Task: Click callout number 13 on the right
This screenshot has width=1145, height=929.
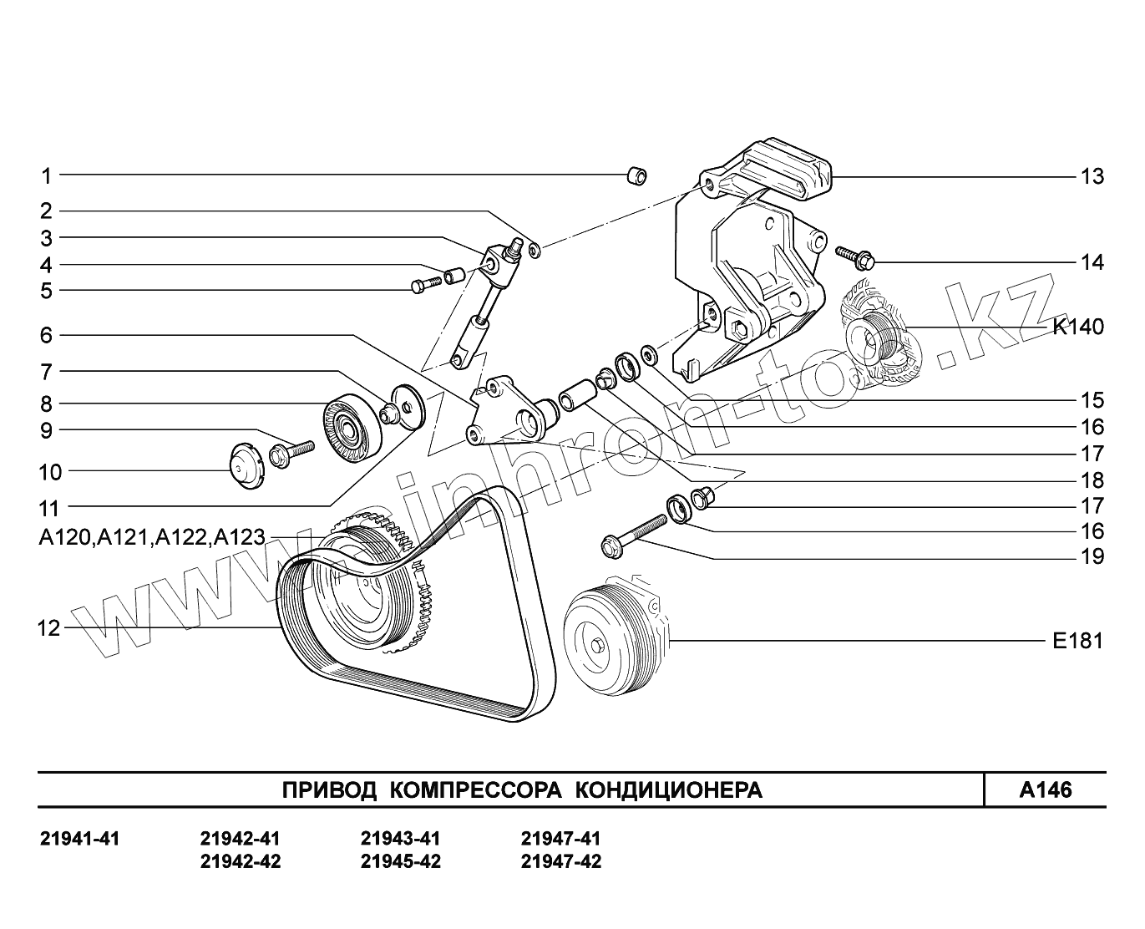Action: point(1092,176)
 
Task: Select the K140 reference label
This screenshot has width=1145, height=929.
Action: point(1077,327)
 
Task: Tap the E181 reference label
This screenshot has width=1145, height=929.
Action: point(1077,641)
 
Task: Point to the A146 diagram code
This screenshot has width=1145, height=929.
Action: point(1045,790)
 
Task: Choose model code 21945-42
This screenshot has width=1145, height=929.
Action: point(400,861)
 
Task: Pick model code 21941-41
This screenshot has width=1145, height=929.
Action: point(80,838)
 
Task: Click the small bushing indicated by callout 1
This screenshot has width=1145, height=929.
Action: point(637,175)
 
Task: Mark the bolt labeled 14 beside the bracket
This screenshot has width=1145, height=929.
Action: point(852,256)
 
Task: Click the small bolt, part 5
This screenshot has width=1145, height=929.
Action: point(425,284)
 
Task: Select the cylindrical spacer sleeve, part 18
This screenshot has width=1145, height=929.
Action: point(575,395)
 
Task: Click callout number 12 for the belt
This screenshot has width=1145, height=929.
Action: point(49,628)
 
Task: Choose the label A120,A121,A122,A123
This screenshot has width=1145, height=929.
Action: point(151,538)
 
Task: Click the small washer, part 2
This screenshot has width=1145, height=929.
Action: point(535,248)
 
